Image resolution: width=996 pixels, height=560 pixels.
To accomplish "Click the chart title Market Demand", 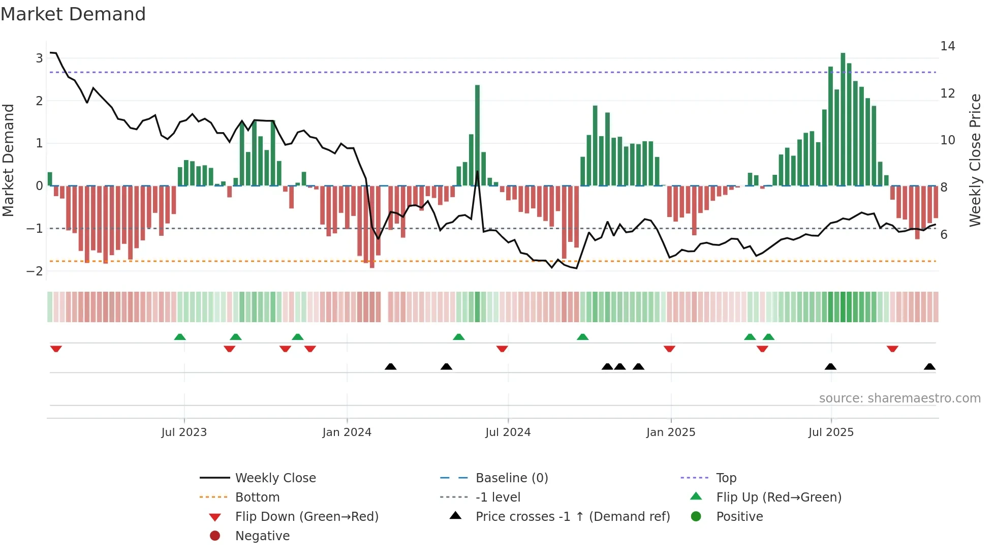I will click(73, 14).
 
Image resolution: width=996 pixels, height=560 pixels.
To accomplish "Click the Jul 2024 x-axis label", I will click(508, 432).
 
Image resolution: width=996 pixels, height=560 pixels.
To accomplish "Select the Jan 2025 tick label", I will click(670, 432).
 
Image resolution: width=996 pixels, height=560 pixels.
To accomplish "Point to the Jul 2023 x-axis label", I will click(184, 432).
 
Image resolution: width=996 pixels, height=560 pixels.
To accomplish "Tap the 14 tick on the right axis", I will click(947, 46).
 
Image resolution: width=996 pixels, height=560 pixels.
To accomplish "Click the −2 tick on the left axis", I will click(35, 271).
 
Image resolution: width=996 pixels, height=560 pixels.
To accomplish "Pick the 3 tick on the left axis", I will click(39, 58).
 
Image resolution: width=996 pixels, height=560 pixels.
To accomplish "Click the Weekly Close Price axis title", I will click(975, 160).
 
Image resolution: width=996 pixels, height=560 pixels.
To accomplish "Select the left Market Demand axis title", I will click(8, 160).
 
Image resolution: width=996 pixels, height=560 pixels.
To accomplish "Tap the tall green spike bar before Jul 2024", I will click(477, 135).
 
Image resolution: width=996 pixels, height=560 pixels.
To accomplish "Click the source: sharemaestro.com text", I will click(899, 398).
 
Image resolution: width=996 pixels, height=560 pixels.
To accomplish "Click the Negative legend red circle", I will click(215, 536).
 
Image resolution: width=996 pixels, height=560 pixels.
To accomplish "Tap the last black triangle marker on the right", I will click(929, 366).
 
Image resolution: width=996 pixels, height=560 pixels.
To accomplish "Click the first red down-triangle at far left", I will click(56, 349).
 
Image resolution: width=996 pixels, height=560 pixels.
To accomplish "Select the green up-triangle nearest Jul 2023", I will click(180, 337).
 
